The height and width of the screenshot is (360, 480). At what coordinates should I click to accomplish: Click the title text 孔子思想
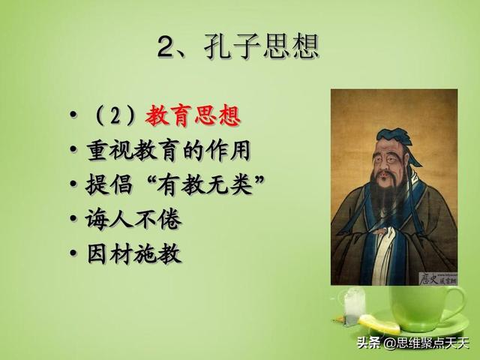(x=262, y=46)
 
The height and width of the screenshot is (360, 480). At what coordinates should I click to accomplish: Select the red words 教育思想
(x=193, y=115)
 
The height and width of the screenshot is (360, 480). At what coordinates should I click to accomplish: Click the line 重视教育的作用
(x=168, y=150)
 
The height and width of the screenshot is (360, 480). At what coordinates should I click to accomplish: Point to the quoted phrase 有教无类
(x=205, y=185)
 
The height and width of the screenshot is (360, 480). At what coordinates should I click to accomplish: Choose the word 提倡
(x=109, y=185)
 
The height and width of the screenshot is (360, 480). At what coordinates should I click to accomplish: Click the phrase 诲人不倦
(x=133, y=220)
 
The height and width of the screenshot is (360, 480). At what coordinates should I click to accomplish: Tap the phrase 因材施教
(x=133, y=253)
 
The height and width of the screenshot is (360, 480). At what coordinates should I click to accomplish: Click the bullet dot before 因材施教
(x=73, y=253)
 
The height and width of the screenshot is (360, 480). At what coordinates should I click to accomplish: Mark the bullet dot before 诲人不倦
(x=73, y=218)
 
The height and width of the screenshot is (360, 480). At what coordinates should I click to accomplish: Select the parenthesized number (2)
(x=115, y=115)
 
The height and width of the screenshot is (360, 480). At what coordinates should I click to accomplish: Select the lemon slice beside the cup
(x=379, y=324)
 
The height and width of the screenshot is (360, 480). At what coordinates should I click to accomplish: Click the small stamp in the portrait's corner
(x=438, y=278)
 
